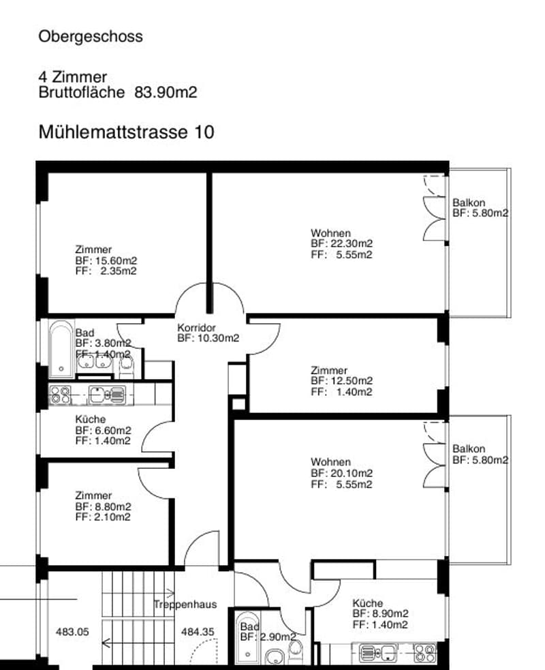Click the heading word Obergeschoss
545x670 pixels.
coord(91,37)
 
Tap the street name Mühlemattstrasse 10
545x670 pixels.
coord(127,132)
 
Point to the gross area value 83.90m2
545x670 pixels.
coord(166,92)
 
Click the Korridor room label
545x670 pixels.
coord(196,328)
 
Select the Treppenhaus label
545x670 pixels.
coord(185,605)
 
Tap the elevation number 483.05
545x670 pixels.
coord(72,632)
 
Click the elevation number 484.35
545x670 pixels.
coord(198,632)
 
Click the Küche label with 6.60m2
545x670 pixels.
coord(90,419)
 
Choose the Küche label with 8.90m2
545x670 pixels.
coord(367,603)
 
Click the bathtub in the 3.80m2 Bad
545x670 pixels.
coord(61,349)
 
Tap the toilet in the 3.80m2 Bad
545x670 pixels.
coord(126,366)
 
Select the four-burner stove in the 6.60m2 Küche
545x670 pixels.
coord(60,395)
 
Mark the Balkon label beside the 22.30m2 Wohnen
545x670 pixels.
coord(469,202)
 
